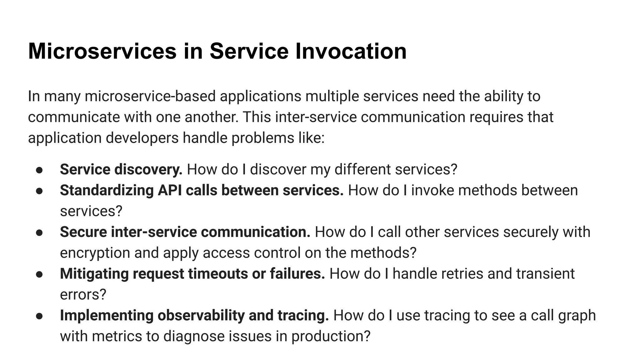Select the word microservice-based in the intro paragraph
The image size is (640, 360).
pyautogui.click(x=150, y=96)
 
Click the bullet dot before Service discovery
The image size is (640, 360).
pyautogui.click(x=39, y=170)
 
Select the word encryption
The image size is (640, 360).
pyautogui.click(x=95, y=253)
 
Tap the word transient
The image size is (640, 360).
pyautogui.click(x=545, y=274)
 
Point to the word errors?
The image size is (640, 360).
pyautogui.click(x=83, y=295)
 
